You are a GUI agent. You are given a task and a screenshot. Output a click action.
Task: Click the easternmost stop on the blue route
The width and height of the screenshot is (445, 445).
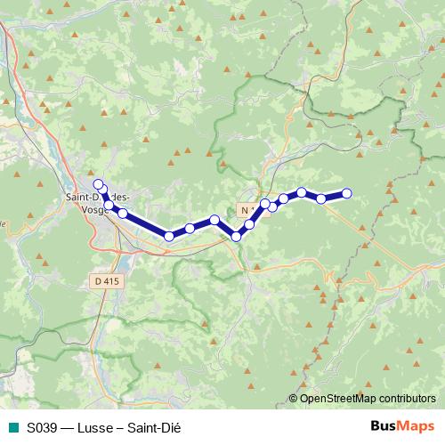[347, 193]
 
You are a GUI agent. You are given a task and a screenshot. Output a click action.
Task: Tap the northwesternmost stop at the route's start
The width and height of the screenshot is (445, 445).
[98, 184]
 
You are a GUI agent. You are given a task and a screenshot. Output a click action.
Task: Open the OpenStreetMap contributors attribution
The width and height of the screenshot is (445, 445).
[368, 399]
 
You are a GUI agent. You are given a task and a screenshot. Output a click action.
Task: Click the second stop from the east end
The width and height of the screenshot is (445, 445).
[321, 198]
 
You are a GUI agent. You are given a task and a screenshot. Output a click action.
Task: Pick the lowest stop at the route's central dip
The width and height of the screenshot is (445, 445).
[237, 236]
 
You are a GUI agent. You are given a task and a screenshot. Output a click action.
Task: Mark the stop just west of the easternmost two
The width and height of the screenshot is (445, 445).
[302, 192]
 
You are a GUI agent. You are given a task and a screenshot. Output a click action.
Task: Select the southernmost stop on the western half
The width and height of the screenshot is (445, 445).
[169, 236]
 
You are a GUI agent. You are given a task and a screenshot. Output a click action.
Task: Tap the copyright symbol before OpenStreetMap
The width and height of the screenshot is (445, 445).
[294, 399]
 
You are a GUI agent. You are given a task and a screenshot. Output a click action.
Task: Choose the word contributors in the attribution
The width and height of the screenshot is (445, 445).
[407, 399]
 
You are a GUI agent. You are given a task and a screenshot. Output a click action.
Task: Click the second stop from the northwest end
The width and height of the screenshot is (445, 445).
[103, 190]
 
